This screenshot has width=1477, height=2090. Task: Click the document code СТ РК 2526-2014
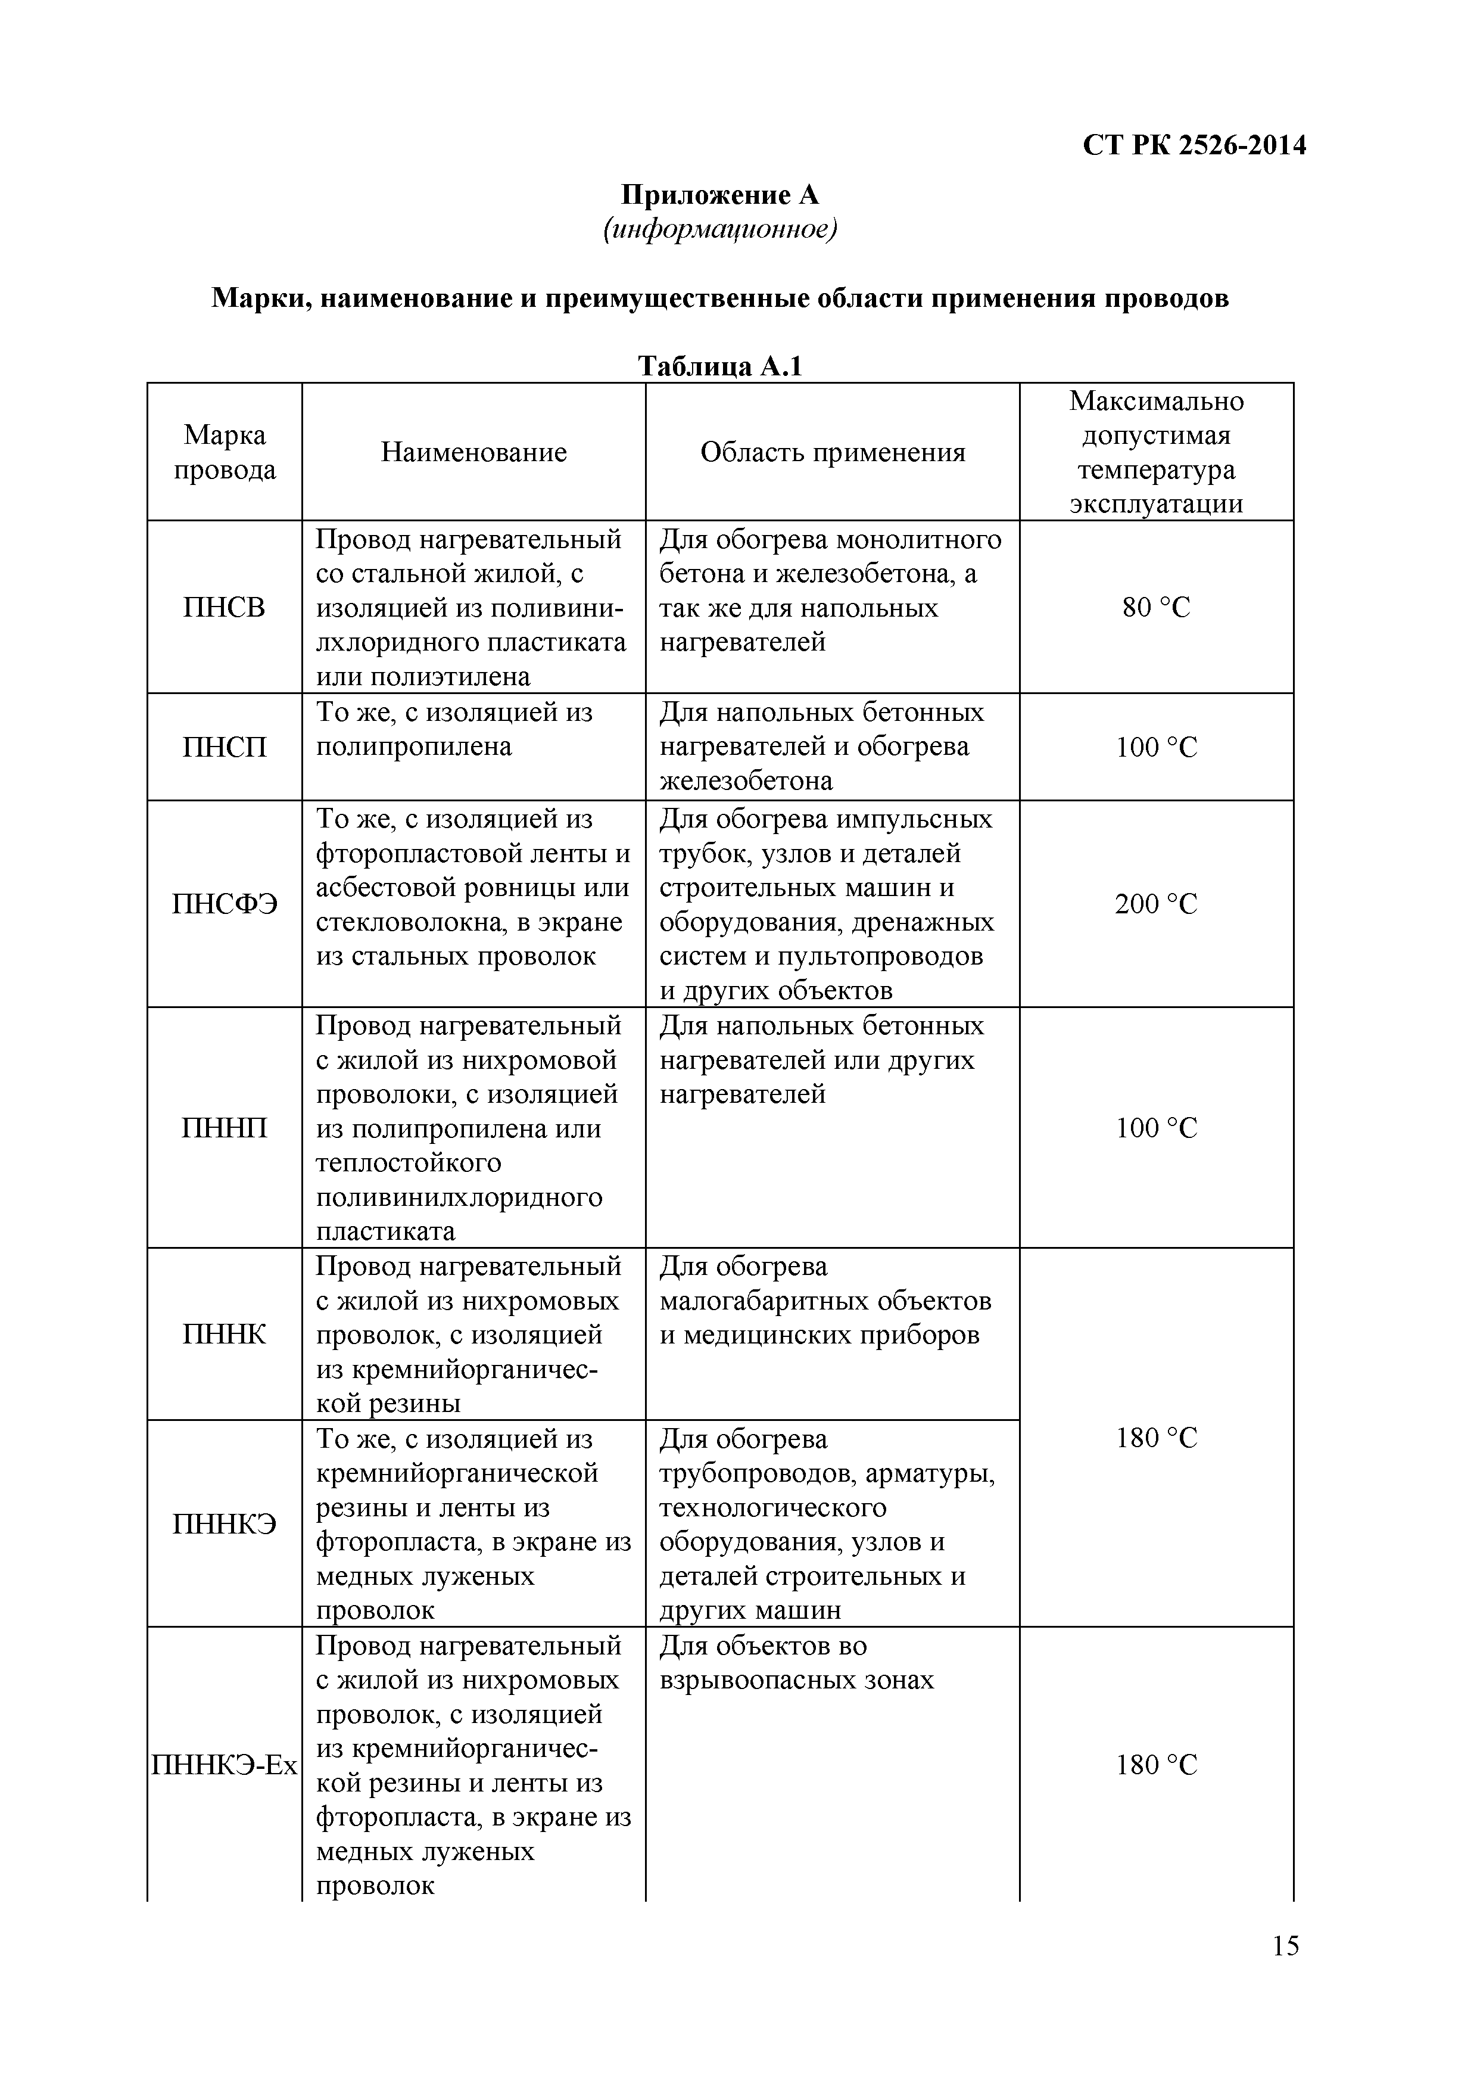point(1194,145)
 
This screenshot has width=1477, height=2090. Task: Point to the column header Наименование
point(473,452)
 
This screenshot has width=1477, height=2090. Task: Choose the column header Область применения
point(832,452)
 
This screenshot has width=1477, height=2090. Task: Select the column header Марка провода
point(225,452)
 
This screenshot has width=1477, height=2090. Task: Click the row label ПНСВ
point(224,607)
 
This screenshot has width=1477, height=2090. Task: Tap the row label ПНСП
point(225,747)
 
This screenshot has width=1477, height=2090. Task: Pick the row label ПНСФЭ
point(224,904)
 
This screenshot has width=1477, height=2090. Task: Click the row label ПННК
point(225,1335)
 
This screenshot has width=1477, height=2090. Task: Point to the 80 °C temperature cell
point(1156,607)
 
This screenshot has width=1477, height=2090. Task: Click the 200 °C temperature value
point(1156,904)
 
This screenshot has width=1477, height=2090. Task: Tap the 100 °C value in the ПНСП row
point(1156,747)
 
